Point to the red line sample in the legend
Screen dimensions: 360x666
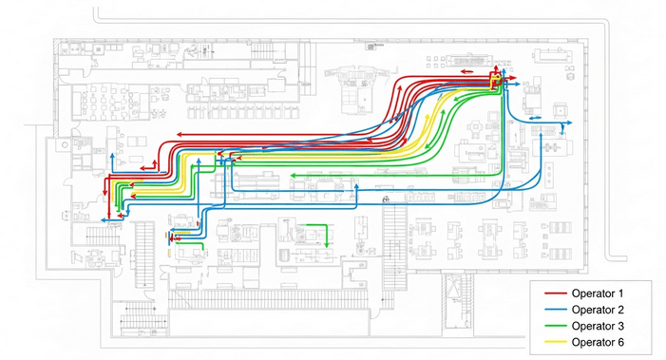coord(552,296)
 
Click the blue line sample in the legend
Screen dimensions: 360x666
coord(552,311)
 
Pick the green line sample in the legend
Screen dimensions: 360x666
coord(552,326)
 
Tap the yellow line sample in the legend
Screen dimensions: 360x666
coord(552,341)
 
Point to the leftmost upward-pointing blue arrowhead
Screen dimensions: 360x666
coord(111,155)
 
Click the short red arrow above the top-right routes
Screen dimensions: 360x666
coord(464,69)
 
